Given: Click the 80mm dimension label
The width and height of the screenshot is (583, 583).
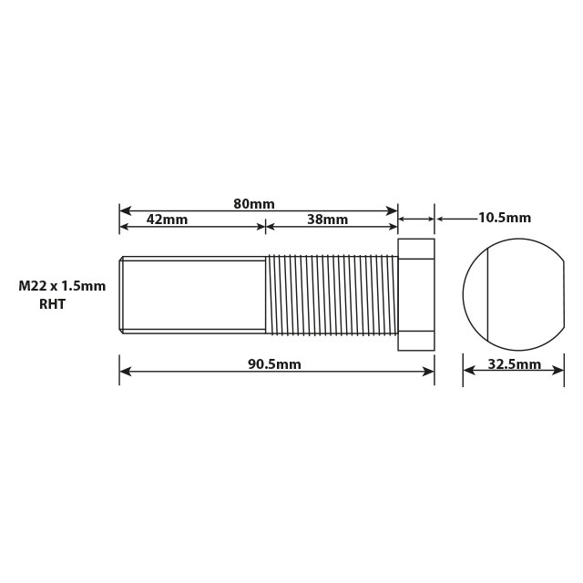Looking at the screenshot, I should (254, 203).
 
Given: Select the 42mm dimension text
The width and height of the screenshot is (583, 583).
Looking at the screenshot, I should (167, 220).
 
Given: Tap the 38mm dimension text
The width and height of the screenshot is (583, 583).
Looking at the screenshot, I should (327, 220).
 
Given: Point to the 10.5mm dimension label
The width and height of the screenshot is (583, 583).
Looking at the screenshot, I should (504, 218).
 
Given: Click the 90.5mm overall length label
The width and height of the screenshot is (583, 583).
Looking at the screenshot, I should (274, 364).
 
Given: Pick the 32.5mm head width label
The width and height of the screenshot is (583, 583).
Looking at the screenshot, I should (515, 364).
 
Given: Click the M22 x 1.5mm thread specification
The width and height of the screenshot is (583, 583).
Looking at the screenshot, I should (62, 286).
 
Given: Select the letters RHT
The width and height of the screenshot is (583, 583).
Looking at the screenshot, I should (52, 306).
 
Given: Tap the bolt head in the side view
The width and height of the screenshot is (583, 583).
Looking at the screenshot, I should (416, 294).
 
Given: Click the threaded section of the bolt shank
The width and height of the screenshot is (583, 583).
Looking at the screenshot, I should (332, 294).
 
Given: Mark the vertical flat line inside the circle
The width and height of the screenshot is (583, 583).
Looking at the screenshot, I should (489, 294).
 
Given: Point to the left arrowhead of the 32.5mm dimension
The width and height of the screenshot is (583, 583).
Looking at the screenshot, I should (468, 371).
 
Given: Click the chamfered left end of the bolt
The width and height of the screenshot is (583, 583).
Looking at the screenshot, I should (122, 294).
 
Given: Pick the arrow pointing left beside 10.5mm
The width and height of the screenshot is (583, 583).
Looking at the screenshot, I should (441, 219).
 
